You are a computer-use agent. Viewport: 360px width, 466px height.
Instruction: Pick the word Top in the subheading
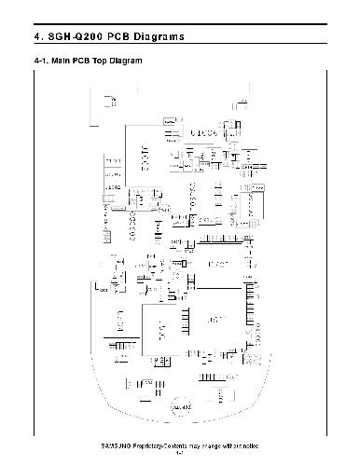pyautogui.click(x=98, y=62)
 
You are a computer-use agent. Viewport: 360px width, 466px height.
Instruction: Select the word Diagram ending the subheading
pyautogui.click(x=125, y=62)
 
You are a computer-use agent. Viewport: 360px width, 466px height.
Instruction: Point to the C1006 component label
pyautogui.click(x=202, y=134)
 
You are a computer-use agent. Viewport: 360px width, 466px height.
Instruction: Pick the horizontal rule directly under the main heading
pyautogui.click(x=180, y=47)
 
